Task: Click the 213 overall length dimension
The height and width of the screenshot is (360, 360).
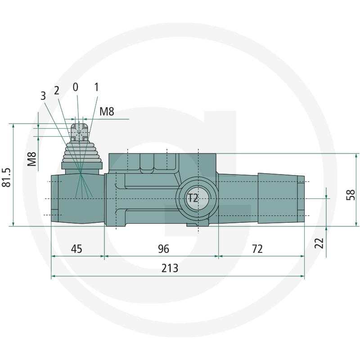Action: coord(170,268)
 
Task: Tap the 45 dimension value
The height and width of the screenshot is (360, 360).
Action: coord(76,249)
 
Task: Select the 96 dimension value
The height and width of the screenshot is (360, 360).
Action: coord(163,249)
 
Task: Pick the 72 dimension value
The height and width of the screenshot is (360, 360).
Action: coord(257,249)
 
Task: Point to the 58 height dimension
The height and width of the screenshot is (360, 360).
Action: coord(351,195)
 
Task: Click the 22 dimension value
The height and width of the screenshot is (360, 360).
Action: coord(319,243)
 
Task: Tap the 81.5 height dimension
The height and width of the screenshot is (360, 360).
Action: coord(6,177)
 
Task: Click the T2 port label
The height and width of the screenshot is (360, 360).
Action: coord(193,198)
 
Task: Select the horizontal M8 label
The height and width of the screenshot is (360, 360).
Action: coord(107,112)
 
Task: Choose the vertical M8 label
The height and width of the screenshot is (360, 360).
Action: coord(31,159)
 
